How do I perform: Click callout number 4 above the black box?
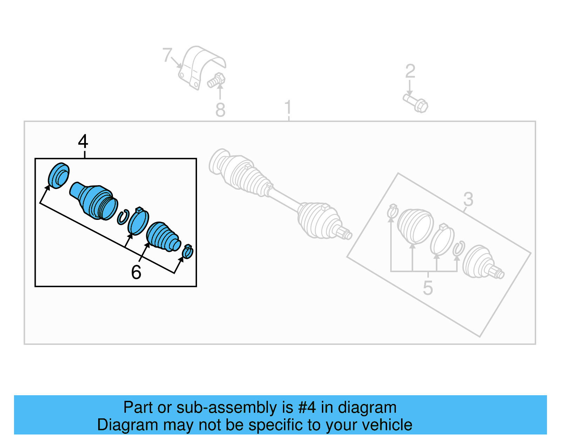pyautogui.click(x=83, y=142)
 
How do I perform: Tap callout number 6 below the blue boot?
pyautogui.click(x=136, y=272)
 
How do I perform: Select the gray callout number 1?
pyautogui.click(x=288, y=107)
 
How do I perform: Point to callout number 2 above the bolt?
pyautogui.click(x=410, y=71)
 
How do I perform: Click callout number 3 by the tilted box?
pyautogui.click(x=468, y=199)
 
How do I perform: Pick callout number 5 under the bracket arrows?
pyautogui.click(x=428, y=288)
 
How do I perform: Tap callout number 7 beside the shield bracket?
pyautogui.click(x=167, y=55)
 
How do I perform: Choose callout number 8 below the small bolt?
pyautogui.click(x=220, y=110)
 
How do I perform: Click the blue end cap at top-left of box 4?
pyautogui.click(x=58, y=175)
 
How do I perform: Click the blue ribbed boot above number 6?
pyautogui.click(x=162, y=236)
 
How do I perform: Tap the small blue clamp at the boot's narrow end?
pyautogui.click(x=188, y=251)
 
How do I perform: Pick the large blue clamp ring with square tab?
pyautogui.click(x=138, y=222)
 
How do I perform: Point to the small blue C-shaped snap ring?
pyautogui.click(x=122, y=217)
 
